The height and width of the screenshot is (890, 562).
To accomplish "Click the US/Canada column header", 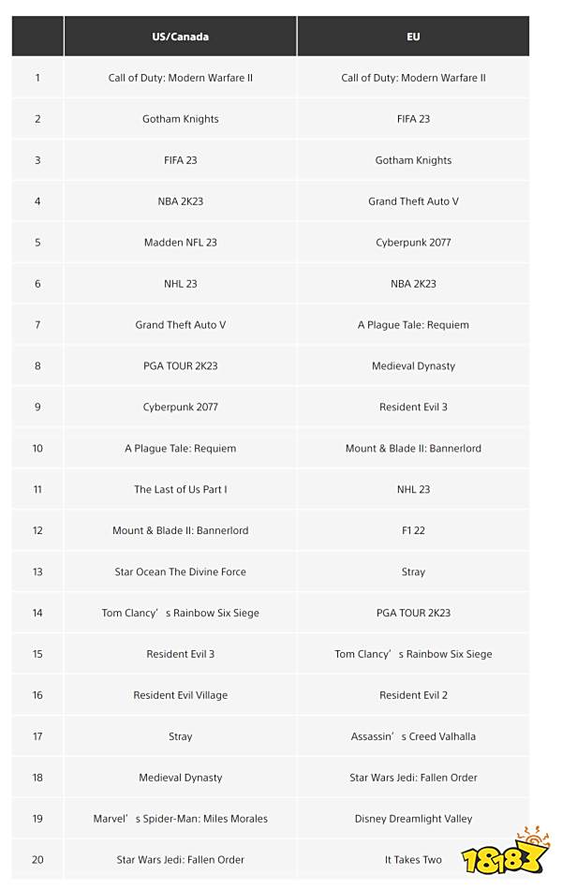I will (180, 37).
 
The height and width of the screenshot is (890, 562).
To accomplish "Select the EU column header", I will (413, 37).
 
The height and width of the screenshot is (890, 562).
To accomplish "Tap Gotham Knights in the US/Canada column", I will (180, 119).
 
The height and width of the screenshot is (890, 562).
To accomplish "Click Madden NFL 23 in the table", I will (180, 243).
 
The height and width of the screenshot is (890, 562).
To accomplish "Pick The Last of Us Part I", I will (180, 489).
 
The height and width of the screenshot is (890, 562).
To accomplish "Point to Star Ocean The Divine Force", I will (180, 571).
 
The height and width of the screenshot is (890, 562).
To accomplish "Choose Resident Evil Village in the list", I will (180, 695).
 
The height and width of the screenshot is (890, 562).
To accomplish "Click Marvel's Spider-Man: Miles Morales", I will (180, 819).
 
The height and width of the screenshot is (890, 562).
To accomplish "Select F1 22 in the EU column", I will (413, 530).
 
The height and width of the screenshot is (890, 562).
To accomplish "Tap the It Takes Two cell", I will (413, 860).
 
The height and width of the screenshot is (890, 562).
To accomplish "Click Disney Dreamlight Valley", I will (413, 819).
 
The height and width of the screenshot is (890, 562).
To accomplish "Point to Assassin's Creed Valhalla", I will (413, 736).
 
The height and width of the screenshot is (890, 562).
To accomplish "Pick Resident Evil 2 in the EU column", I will (413, 695).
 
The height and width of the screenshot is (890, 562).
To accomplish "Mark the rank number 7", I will (37, 325).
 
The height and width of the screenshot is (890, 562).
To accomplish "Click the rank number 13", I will (37, 571).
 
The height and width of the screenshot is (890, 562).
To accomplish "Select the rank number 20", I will (37, 860).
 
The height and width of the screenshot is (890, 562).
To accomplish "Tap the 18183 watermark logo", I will (505, 854).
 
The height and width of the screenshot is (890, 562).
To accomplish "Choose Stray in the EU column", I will (413, 571).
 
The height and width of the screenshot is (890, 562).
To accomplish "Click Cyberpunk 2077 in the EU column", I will (413, 243).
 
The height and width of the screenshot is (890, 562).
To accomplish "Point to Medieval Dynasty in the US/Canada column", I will (180, 778).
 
